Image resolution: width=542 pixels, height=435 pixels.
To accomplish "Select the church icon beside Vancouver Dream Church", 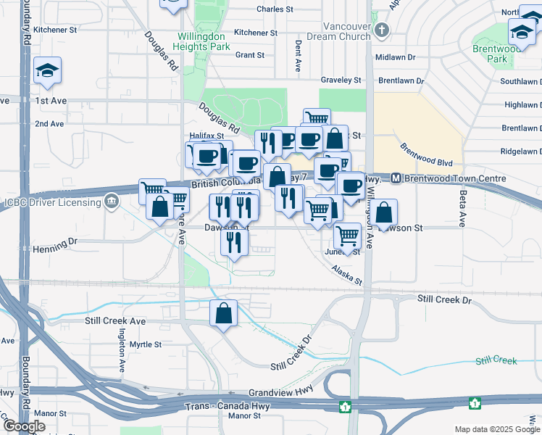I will point(383,30).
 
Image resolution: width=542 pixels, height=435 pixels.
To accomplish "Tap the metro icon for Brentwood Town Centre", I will point(396,178).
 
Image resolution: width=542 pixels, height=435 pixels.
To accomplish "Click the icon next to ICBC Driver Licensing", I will point(112,201).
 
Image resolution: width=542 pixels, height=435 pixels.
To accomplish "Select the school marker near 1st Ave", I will point(47,70).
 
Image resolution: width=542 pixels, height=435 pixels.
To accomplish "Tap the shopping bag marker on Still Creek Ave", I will point(224,313).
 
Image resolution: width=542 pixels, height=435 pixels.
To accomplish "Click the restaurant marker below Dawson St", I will point(233,241).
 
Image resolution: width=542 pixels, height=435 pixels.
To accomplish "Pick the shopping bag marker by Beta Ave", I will point(385,212).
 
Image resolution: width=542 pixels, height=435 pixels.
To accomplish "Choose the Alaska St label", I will point(346,274).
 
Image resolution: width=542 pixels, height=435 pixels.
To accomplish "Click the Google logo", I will point(24,426).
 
